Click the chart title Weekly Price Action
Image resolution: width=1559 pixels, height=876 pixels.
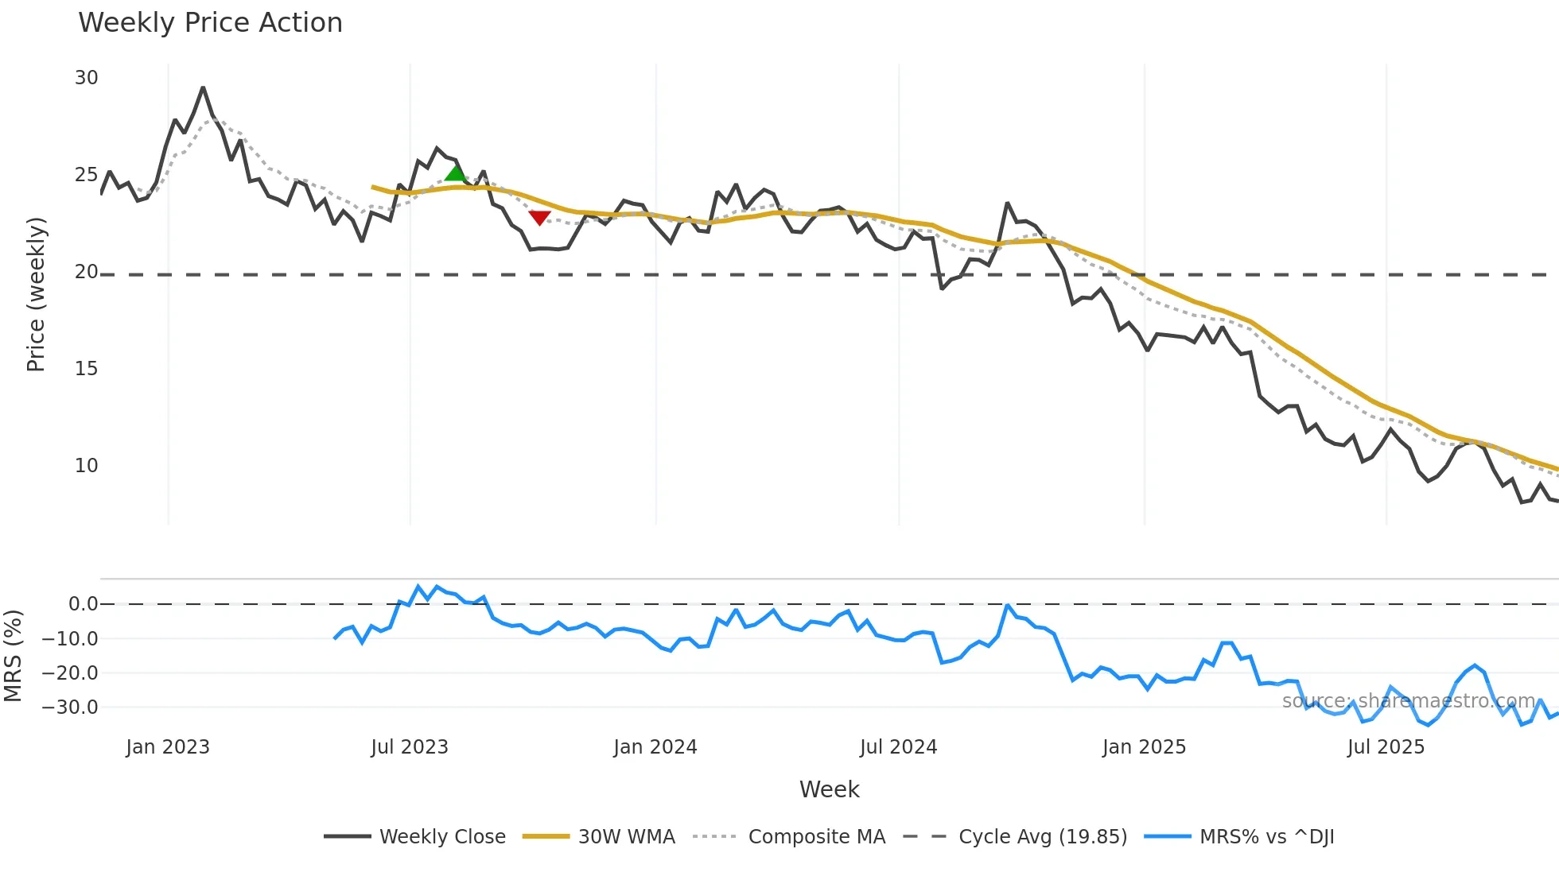[210, 23]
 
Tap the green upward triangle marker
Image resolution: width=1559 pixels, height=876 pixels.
[455, 173]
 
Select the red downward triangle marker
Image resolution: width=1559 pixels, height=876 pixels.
[539, 217]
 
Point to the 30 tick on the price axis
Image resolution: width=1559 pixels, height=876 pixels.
[86, 78]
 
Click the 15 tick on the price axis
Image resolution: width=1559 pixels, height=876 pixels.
[86, 369]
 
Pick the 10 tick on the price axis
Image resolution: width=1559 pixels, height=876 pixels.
[86, 466]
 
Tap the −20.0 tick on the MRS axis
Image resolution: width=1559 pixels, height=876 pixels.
[70, 673]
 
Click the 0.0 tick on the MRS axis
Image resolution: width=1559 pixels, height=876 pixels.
[83, 604]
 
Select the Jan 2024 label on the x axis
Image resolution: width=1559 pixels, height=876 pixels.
[655, 747]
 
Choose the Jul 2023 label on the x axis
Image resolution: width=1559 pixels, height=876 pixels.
[410, 747]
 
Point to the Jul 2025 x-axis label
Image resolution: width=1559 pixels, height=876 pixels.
[1386, 747]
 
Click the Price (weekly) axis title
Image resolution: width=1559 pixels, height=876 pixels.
[36, 294]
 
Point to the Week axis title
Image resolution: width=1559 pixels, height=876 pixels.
[829, 789]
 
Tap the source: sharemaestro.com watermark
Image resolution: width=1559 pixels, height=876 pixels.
[1409, 701]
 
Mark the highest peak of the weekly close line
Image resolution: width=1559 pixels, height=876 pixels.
[203, 87]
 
